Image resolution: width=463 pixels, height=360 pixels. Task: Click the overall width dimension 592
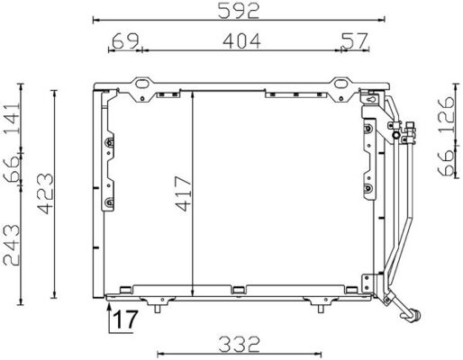pos(239,12)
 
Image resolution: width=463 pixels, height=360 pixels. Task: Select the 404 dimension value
pos(239,40)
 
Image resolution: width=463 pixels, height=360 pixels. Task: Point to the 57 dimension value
pos(354,40)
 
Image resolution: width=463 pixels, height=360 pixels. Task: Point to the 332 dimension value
pos(239,343)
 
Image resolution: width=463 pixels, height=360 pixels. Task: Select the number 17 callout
pos(126,319)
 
